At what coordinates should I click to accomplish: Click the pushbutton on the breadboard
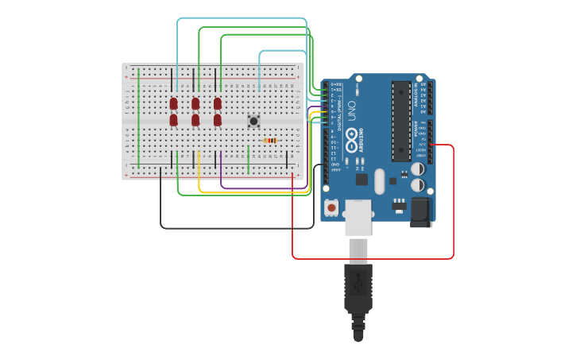click(253, 121)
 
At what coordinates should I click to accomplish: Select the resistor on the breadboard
click(270, 141)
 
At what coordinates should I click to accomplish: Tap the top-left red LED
click(174, 103)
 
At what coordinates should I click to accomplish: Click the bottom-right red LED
click(218, 120)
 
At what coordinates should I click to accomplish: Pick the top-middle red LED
click(195, 103)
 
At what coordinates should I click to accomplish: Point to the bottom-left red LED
click(174, 120)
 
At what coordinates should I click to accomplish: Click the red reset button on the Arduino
click(331, 207)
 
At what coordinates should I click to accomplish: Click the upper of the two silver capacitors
click(417, 168)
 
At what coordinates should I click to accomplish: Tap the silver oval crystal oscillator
click(379, 180)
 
